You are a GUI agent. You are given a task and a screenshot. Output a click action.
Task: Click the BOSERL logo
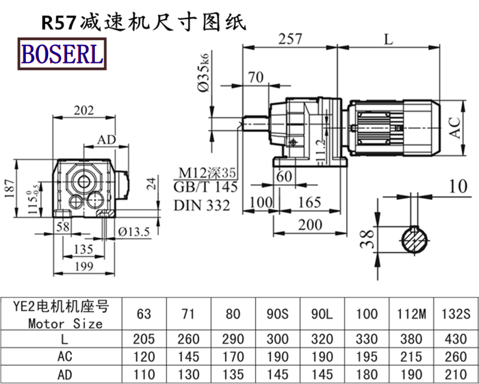pyautogui.click(x=62, y=54)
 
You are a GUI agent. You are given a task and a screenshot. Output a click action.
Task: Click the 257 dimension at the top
pyautogui.click(x=290, y=40)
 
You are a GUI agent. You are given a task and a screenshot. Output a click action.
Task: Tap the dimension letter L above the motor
pyautogui.click(x=389, y=40)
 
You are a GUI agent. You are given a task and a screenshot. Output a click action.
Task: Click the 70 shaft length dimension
pyautogui.click(x=256, y=77)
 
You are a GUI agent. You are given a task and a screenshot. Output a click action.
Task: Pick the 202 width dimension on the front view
pyautogui.click(x=86, y=110)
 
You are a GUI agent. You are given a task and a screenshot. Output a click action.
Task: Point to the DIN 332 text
pyautogui.click(x=202, y=205)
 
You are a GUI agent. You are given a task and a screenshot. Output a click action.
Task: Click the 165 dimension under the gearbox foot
pyautogui.click(x=309, y=202)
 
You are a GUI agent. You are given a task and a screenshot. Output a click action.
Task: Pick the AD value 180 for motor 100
pyautogui.click(x=366, y=374)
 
